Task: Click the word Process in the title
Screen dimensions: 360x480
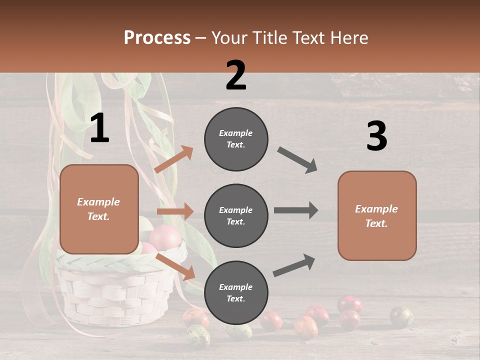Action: pyautogui.click(x=157, y=37)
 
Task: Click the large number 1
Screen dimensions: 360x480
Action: pyautogui.click(x=99, y=128)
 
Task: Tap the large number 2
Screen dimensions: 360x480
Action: pyautogui.click(x=236, y=75)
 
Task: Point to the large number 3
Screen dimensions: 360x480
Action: pyautogui.click(x=376, y=136)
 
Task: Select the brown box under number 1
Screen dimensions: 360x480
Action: pyautogui.click(x=99, y=209)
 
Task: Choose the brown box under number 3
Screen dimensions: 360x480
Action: pyautogui.click(x=376, y=215)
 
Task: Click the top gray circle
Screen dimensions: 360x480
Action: pyautogui.click(x=236, y=138)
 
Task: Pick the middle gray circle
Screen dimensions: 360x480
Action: pyautogui.click(x=236, y=215)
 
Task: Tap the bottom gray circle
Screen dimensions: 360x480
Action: pyautogui.click(x=236, y=292)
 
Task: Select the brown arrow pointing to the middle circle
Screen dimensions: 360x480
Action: pyautogui.click(x=175, y=211)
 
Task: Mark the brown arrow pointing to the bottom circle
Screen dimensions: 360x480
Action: pyautogui.click(x=175, y=266)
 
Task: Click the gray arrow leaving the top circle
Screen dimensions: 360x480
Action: pyautogui.click(x=297, y=160)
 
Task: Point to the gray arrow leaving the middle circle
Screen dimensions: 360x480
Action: pyautogui.click(x=295, y=210)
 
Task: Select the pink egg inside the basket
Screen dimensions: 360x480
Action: pyautogui.click(x=164, y=237)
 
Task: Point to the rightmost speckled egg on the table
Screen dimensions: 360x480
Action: pyautogui.click(x=401, y=317)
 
